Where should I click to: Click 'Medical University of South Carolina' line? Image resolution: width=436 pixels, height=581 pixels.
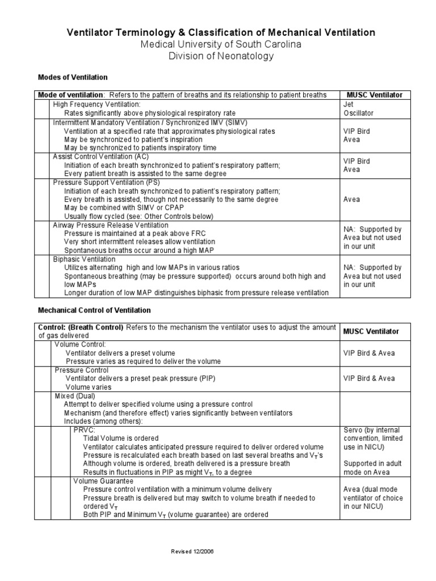[x=221, y=44]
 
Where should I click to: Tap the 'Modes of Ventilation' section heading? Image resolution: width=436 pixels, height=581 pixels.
[x=72, y=77]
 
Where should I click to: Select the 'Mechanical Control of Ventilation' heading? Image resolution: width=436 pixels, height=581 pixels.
[x=94, y=310]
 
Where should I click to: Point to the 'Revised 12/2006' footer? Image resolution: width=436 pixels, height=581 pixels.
[x=192, y=551]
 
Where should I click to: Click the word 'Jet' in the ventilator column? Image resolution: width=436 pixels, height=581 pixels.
[x=349, y=105]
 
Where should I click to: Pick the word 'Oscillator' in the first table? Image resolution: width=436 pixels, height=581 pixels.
[x=359, y=113]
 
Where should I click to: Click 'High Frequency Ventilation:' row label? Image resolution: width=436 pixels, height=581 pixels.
[x=97, y=105]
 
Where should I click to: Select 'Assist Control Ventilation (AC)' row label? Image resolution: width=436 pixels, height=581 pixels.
[x=102, y=156]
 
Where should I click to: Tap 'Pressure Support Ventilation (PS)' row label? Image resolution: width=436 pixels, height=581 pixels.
[x=106, y=183]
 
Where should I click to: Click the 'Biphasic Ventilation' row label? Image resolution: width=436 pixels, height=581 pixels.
[x=84, y=259]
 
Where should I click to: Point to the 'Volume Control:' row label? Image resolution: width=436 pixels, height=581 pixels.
[x=80, y=344]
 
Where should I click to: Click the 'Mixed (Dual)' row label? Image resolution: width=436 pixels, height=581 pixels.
[x=75, y=395]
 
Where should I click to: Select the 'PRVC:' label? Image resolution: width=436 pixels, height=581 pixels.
[x=84, y=430]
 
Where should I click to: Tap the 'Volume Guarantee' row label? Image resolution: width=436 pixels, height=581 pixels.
[x=103, y=481]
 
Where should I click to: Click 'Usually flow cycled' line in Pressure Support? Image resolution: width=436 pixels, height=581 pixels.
[x=139, y=216]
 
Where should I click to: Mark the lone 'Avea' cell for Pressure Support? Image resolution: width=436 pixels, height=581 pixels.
[x=351, y=199]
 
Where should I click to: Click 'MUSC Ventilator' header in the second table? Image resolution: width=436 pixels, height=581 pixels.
[x=371, y=331]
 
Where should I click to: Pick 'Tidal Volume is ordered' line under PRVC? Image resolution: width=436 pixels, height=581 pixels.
[x=121, y=439]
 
